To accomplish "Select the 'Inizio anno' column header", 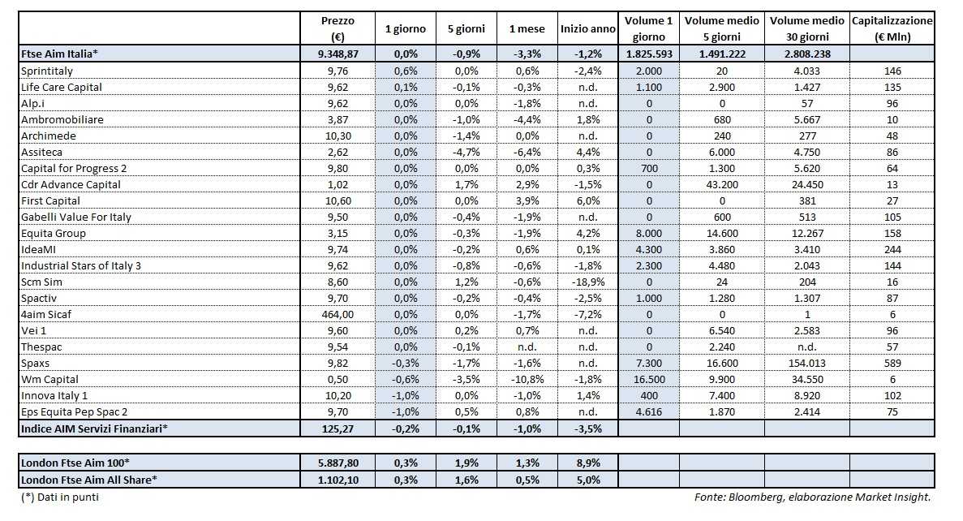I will [x=587, y=28].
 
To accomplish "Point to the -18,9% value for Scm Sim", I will [x=587, y=282].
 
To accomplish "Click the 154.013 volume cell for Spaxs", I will [x=806, y=363].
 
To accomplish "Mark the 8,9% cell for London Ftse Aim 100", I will [x=587, y=463].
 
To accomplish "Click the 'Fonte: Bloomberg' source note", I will [x=812, y=497].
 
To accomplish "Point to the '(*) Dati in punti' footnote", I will [x=60, y=497].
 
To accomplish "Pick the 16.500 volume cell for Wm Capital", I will [x=648, y=379].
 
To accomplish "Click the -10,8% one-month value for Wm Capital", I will [x=526, y=379].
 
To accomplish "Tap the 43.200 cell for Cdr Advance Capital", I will [x=721, y=184].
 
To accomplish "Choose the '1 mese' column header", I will [x=526, y=28].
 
